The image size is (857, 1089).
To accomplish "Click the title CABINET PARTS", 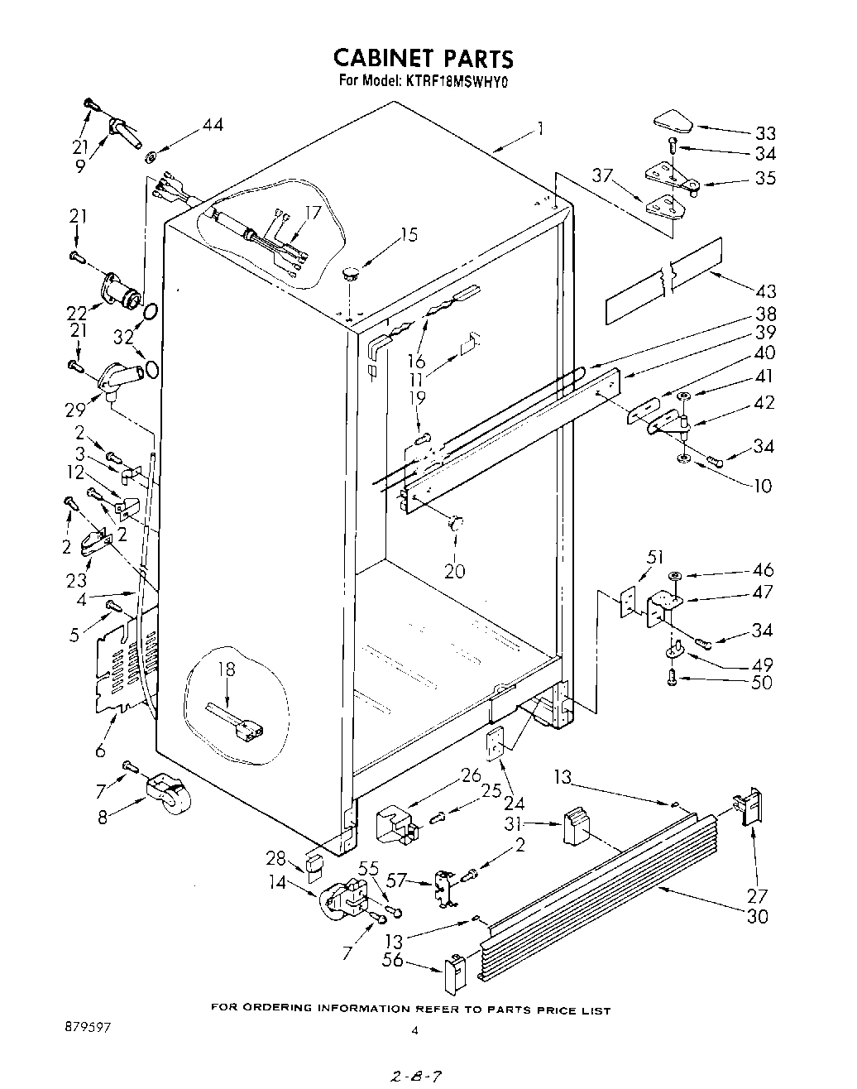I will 423,58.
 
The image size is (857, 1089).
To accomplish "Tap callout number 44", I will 213,126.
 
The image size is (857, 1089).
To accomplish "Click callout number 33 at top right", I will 764,133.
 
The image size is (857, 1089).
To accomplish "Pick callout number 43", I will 766,290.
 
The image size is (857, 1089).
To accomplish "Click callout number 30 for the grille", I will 757,916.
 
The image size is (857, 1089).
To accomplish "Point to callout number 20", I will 454,570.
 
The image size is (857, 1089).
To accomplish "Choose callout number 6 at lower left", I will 100,751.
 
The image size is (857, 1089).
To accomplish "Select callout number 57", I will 397,880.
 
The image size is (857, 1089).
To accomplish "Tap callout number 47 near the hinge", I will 764,592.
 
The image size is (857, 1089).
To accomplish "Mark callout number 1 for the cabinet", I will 539,129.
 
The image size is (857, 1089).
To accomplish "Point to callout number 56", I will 393,960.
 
